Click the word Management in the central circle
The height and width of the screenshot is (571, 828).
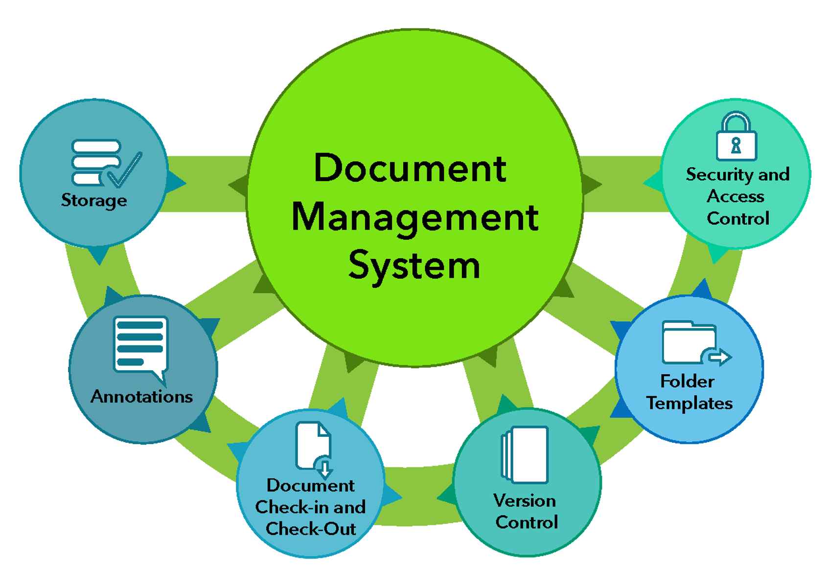tap(414, 218)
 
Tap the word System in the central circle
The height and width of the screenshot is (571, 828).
tap(414, 266)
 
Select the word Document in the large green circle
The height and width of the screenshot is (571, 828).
tap(410, 168)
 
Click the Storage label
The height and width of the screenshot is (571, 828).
tap(94, 200)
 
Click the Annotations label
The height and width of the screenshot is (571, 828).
tap(142, 396)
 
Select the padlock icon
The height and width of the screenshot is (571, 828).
tap(736, 137)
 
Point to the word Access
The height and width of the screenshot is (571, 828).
tap(736, 196)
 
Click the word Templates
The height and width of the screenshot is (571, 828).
tap(690, 403)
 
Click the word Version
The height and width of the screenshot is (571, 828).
tap(525, 500)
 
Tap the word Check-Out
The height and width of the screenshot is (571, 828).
tap(311, 529)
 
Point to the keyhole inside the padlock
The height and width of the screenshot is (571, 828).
tap(736, 145)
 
